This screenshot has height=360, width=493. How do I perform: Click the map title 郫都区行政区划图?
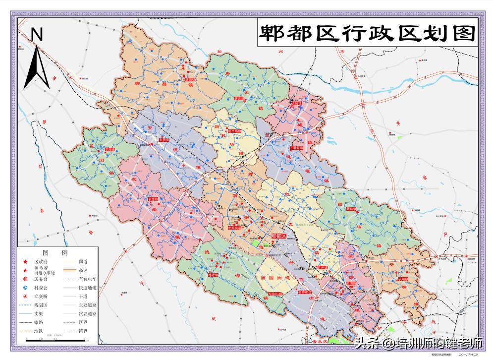367,33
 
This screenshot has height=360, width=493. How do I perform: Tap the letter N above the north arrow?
38,35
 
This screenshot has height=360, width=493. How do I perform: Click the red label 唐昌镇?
190,79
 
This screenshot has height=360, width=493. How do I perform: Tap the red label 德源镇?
213,274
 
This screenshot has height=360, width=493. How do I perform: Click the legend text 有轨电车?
87,279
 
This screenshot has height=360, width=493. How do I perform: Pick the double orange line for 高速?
68,270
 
